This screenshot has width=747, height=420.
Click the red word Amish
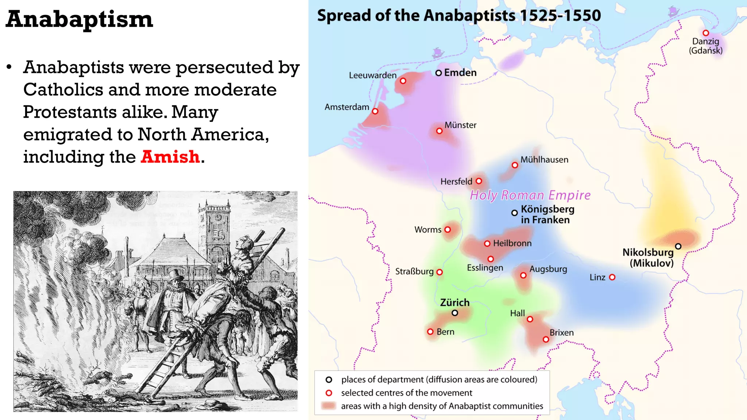[170, 157]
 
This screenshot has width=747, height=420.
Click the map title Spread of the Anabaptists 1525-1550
[459, 16]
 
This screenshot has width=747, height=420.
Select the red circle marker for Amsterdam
[375, 111]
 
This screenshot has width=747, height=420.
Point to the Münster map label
[460, 125]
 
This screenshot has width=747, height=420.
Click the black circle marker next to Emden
[438, 73]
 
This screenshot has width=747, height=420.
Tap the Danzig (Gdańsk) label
[705, 46]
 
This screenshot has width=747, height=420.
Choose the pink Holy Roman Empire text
[530, 195]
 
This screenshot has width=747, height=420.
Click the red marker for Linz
[612, 277]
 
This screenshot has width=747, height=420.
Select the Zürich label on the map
[454, 303]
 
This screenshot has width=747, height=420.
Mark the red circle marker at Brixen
[546, 339]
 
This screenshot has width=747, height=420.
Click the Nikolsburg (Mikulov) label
[648, 257]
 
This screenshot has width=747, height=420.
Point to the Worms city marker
[448, 229]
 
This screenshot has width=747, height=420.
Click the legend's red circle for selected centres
[329, 393]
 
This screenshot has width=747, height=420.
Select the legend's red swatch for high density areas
[329, 406]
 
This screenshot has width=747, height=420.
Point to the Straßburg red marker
[440, 272]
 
